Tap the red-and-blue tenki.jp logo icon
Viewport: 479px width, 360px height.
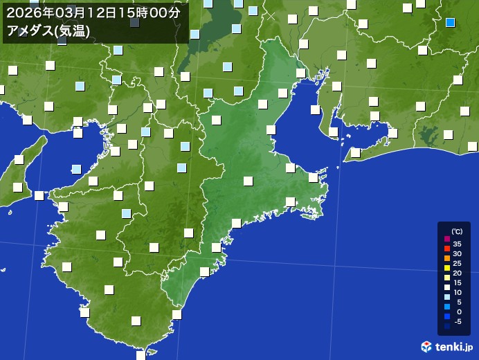pyautogui.click(x=427, y=346)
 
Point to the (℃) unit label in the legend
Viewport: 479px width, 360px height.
pyautogui.click(x=456, y=232)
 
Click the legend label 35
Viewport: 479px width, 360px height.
pyautogui.click(x=457, y=244)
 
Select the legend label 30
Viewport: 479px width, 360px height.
pyautogui.click(x=457, y=253)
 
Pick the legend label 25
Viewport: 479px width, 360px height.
pyautogui.click(x=457, y=263)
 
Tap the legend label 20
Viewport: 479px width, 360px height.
pyautogui.click(x=457, y=273)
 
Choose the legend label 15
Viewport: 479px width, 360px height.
pyautogui.click(x=457, y=282)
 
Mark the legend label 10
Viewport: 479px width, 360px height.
pyautogui.click(x=457, y=292)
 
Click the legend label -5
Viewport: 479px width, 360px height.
pyautogui.click(x=457, y=321)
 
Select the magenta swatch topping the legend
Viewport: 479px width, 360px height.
pyautogui.click(x=446, y=239)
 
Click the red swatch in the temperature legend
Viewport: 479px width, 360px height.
pyautogui.click(x=446, y=249)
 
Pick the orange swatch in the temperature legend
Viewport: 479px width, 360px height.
pyautogui.click(x=446, y=258)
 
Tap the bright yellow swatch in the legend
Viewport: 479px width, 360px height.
pyautogui.click(x=446, y=268)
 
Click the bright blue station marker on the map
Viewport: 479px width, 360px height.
pyautogui.click(x=450, y=22)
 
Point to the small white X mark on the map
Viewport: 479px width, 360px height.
pyautogui.click(x=271, y=15)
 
